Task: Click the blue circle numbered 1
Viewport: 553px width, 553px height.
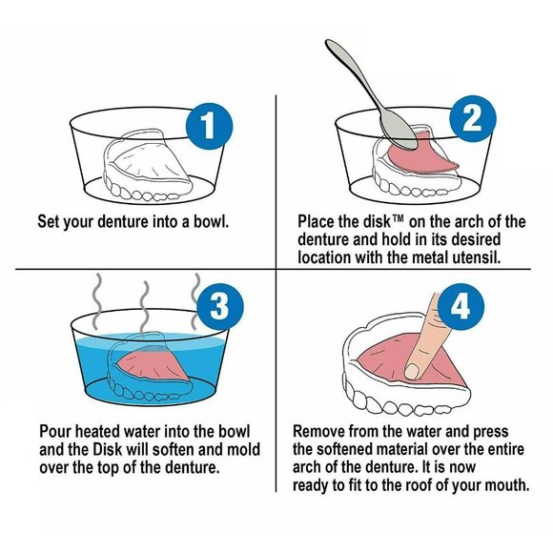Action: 209,126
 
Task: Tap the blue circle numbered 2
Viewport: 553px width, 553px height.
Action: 473,119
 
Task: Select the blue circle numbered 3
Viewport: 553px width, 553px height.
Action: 220,305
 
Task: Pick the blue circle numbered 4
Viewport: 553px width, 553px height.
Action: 461,306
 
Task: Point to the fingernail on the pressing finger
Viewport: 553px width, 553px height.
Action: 412,371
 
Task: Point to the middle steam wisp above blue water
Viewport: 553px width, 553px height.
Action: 144,307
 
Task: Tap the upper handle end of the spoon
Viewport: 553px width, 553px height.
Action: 330,43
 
